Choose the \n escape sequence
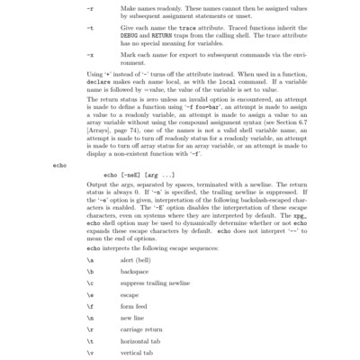88,318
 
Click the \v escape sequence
88,354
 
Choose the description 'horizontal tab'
139,342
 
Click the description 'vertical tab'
135,354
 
